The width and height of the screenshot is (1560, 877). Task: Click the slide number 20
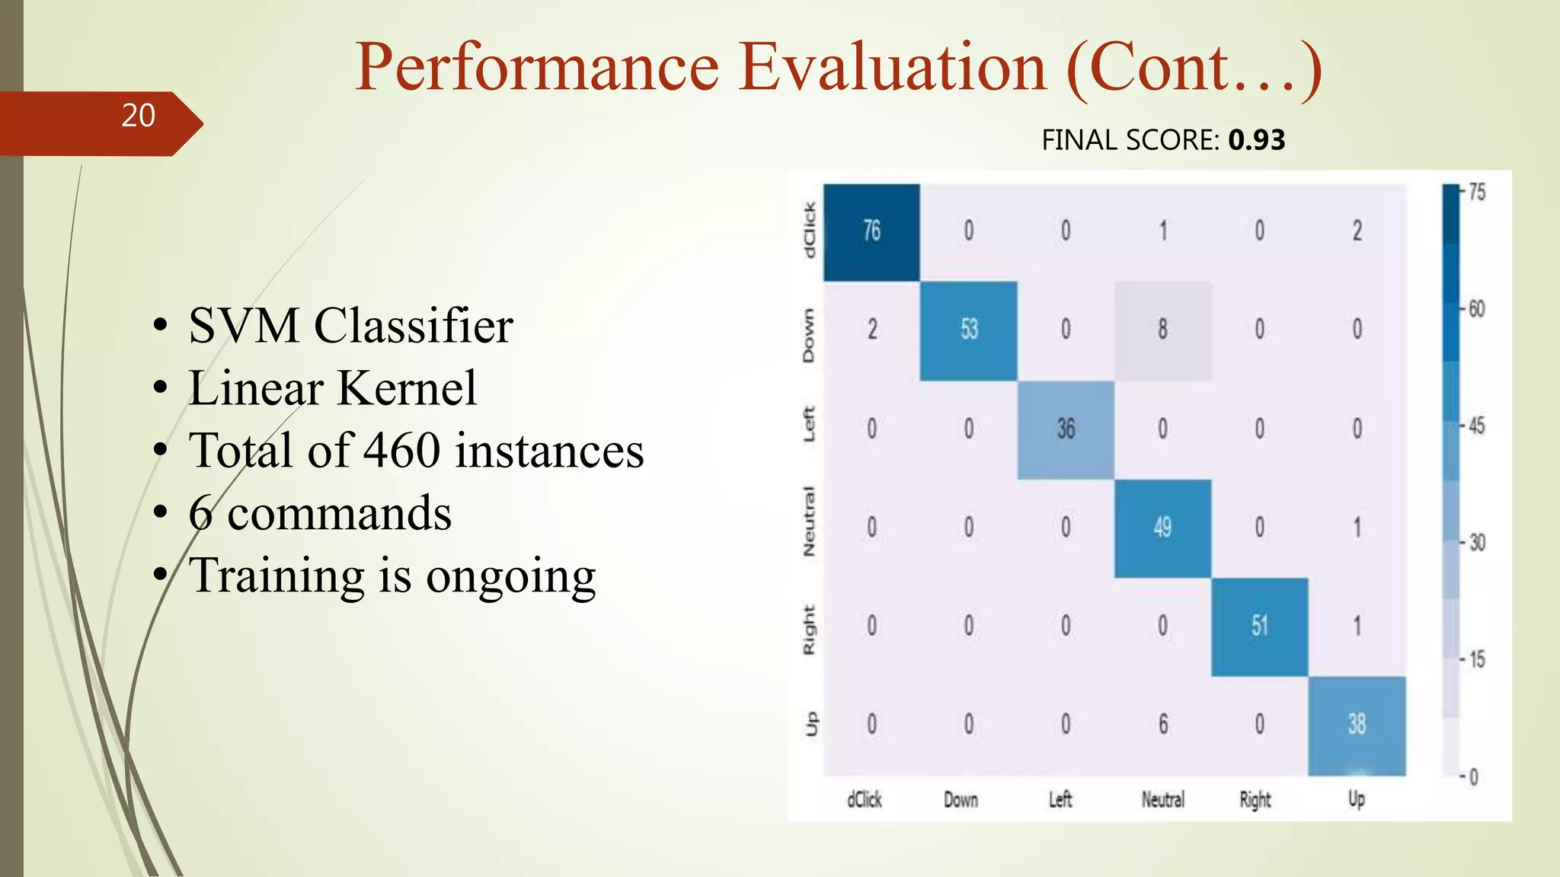point(138,116)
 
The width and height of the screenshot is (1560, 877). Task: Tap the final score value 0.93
point(1256,140)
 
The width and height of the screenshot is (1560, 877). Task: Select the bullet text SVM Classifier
point(350,326)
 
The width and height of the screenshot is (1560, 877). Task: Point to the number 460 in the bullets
point(401,450)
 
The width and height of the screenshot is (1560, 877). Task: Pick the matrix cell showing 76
point(871,231)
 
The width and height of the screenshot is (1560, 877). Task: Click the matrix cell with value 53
point(968,330)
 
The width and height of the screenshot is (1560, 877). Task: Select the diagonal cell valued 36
point(1066,429)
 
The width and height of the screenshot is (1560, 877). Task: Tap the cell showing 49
point(1162,528)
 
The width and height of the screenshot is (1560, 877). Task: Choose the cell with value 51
point(1260,627)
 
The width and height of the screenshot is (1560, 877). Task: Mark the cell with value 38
point(1357,724)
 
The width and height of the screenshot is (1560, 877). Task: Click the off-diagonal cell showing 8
point(1162,330)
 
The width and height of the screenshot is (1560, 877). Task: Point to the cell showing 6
point(1162,724)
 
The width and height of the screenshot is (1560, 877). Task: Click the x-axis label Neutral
point(1162,799)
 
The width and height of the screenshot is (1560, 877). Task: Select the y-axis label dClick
point(810,231)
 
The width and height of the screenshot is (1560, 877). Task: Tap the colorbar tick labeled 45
point(1476,426)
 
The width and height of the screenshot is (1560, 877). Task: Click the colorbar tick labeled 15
point(1476,659)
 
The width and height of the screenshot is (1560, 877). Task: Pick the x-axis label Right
point(1255,799)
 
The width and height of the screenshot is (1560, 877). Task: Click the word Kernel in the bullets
point(407,388)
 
